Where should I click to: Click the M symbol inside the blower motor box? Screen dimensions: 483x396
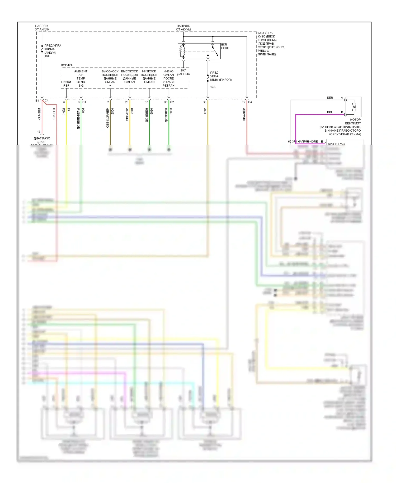coord(354,107)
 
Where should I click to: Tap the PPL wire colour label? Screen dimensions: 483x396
coord(330,112)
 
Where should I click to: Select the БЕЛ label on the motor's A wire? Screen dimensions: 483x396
coord(330,98)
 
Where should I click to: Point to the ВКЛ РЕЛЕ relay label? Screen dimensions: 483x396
coord(225,46)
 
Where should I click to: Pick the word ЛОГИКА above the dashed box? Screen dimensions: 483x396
coord(67,65)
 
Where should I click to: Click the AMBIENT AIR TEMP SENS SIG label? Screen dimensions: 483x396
coord(81,78)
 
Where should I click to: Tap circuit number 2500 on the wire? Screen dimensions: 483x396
coord(112,111)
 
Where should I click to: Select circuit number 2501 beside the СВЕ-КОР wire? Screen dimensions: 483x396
coord(132,111)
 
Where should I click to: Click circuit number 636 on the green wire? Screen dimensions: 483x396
coord(83,110)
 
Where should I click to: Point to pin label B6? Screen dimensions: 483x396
coord(204,102)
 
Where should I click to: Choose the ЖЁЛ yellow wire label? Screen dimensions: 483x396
coord(64,111)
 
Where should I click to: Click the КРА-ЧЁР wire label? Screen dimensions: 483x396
coord(244,114)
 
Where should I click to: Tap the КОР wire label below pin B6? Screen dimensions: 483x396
coord(205,111)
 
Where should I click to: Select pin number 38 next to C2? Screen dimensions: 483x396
coord(166,102)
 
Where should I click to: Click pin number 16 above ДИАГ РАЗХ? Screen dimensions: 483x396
coord(39,132)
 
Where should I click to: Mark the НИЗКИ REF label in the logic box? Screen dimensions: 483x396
coord(66,84)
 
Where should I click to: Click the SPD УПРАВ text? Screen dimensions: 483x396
coord(336,144)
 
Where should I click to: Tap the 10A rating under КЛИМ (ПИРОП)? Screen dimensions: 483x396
coord(213,87)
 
